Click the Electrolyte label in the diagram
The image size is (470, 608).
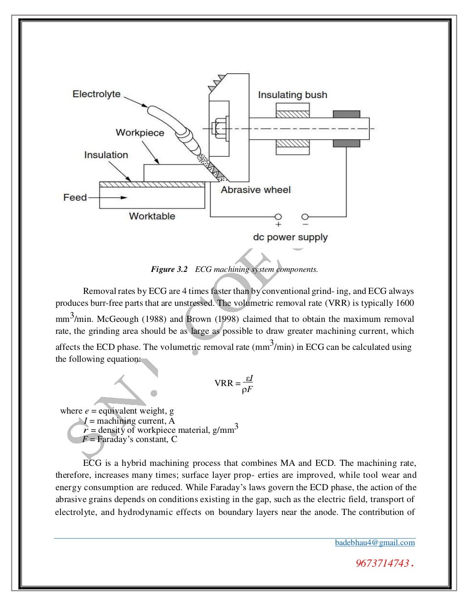(96, 94)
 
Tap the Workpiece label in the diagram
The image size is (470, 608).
(140, 133)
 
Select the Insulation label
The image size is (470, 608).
(106, 155)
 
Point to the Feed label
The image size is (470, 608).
(75, 198)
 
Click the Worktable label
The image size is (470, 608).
(152, 216)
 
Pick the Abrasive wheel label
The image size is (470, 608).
(256, 190)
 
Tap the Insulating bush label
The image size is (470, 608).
(292, 95)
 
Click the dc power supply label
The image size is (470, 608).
(290, 238)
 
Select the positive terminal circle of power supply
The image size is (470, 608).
(278, 216)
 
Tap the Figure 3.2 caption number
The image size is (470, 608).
(169, 270)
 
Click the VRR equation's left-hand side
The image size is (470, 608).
(224, 383)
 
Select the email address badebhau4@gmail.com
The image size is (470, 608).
(375, 542)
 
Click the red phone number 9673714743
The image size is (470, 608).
(382, 563)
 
